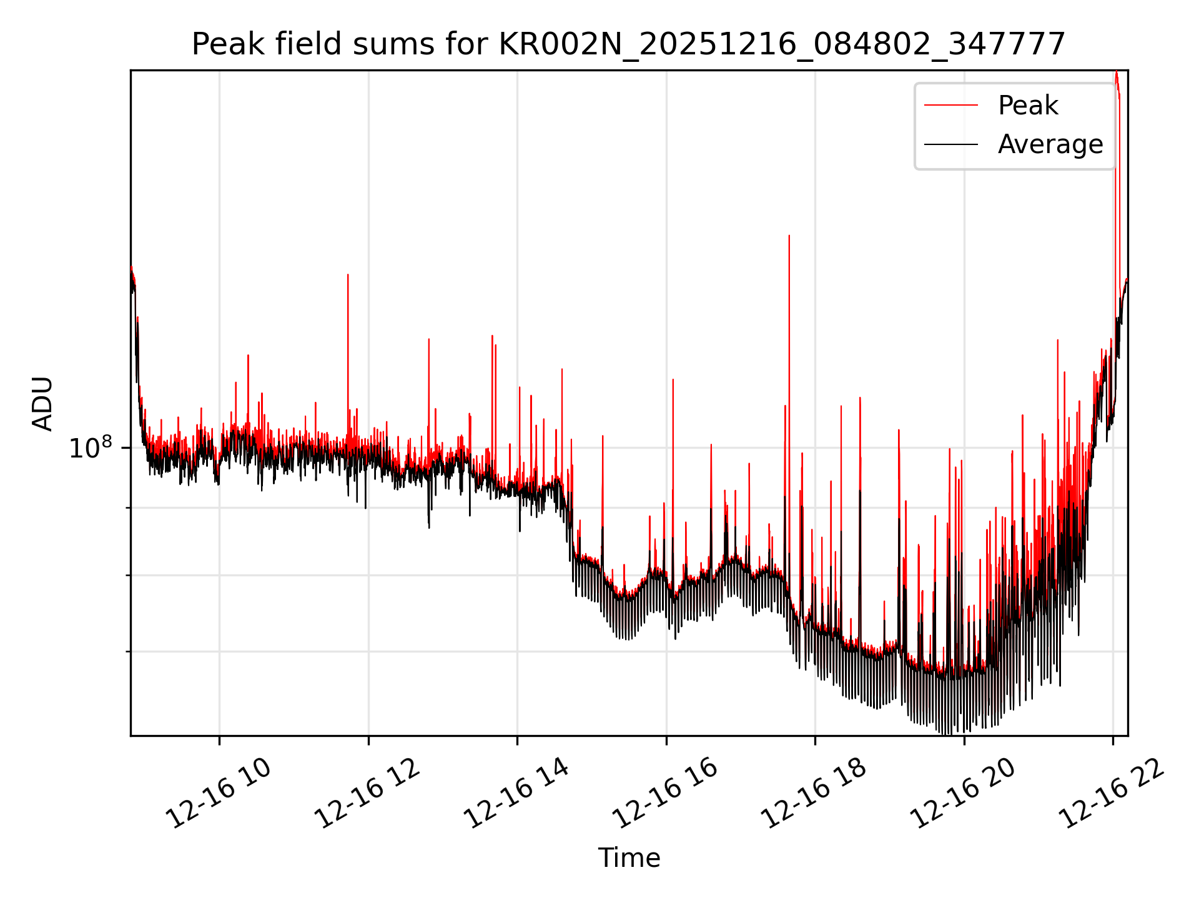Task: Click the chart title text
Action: (628, 44)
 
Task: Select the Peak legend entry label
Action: (1028, 105)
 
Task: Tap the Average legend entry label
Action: (1050, 144)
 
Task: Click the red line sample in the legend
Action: (951, 105)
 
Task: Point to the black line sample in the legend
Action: (951, 144)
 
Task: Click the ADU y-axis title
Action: (43, 403)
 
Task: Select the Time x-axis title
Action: (629, 857)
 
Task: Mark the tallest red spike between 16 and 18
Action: (789, 237)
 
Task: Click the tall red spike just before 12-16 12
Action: (348, 276)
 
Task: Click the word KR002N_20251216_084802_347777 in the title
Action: (782, 44)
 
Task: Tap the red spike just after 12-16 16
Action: (673, 381)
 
